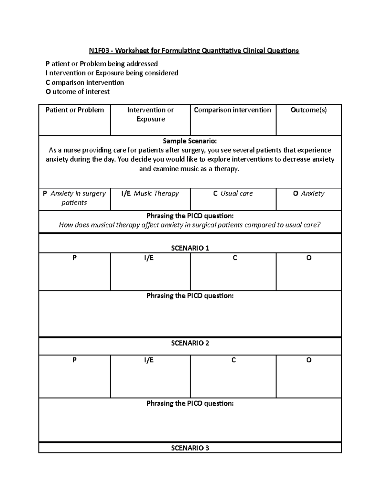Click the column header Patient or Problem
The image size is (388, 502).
click(x=75, y=110)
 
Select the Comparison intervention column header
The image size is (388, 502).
click(x=232, y=110)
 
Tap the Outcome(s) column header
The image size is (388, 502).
click(x=308, y=110)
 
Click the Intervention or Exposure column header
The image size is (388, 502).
click(x=150, y=114)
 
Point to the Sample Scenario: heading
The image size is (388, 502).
click(x=190, y=141)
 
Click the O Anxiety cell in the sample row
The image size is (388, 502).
click(x=308, y=193)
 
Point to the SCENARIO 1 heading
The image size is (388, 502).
click(x=190, y=248)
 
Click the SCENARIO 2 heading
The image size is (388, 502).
click(x=190, y=343)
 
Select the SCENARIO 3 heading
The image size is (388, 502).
click(x=190, y=448)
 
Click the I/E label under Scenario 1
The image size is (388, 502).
click(x=149, y=258)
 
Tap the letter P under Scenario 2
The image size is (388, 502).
click(x=74, y=360)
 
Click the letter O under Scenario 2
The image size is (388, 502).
click(x=308, y=360)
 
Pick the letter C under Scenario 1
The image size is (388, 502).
click(x=235, y=258)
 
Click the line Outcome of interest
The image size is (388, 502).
click(x=78, y=92)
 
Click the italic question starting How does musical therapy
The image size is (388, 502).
click(x=190, y=225)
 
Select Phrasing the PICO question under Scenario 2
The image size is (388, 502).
click(x=190, y=403)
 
